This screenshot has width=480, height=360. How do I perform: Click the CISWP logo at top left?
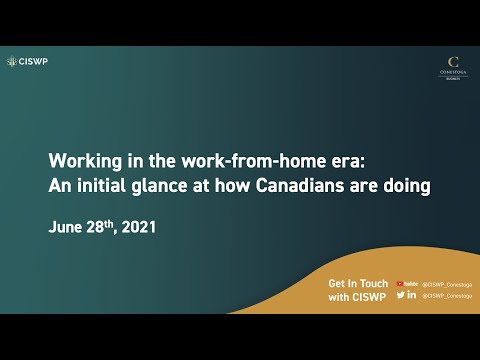click(x=27, y=61)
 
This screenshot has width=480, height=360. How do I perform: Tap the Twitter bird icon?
click(x=400, y=295)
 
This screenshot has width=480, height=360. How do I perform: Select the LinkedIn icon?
click(x=412, y=295)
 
